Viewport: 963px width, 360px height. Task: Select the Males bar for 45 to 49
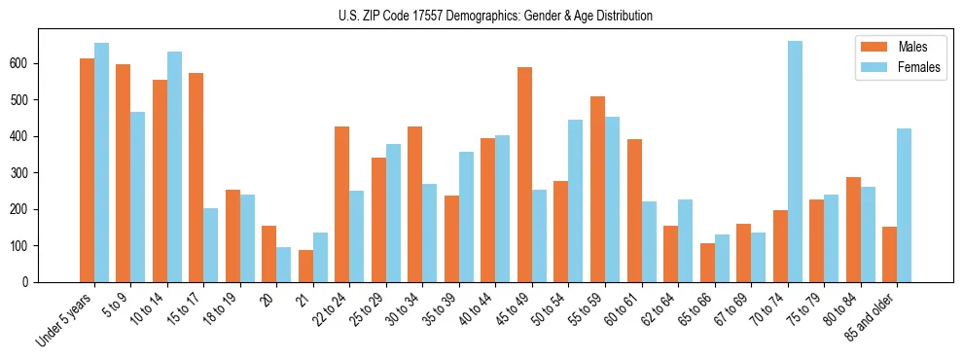click(x=524, y=175)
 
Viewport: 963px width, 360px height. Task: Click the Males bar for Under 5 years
click(x=87, y=170)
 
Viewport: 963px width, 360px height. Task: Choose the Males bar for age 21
click(x=305, y=266)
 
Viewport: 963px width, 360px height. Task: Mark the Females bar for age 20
click(x=284, y=265)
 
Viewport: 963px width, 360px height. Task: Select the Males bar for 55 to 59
click(x=597, y=190)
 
